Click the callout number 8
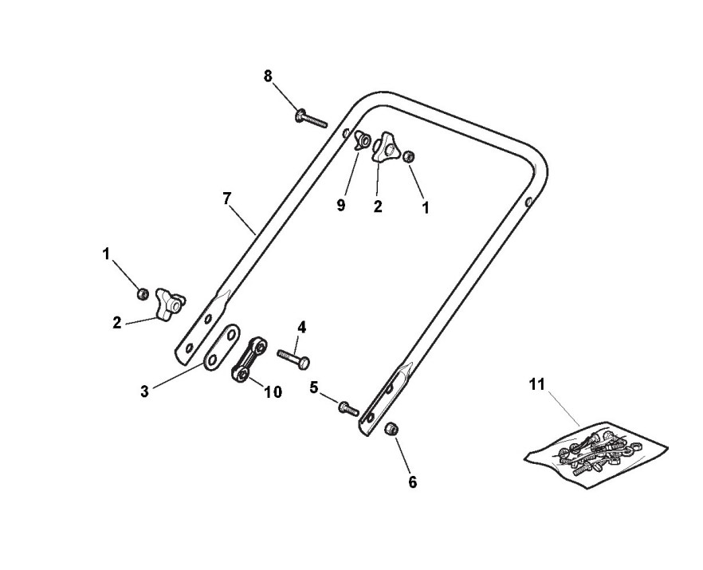click(268, 77)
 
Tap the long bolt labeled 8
click(311, 118)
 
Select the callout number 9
click(341, 206)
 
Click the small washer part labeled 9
click(361, 140)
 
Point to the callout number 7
click(227, 198)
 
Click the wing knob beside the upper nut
click(385, 147)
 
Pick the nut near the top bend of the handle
click(409, 156)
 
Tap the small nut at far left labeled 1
click(143, 293)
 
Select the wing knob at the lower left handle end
click(170, 304)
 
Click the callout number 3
click(144, 391)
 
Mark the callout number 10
click(273, 392)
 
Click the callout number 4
click(302, 327)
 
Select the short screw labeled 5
click(348, 407)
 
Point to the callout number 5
click(314, 387)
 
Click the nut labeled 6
click(391, 429)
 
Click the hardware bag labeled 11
click(596, 454)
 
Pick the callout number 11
click(536, 384)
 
